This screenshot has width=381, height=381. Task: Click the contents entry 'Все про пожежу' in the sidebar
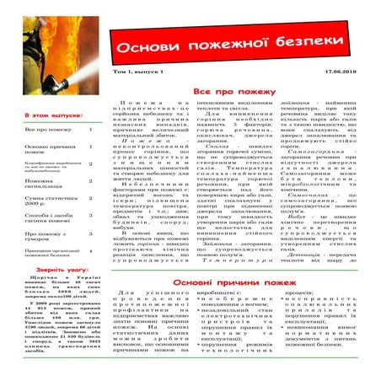tap(43, 131)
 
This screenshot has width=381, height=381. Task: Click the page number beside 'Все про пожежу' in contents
tap(90, 131)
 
